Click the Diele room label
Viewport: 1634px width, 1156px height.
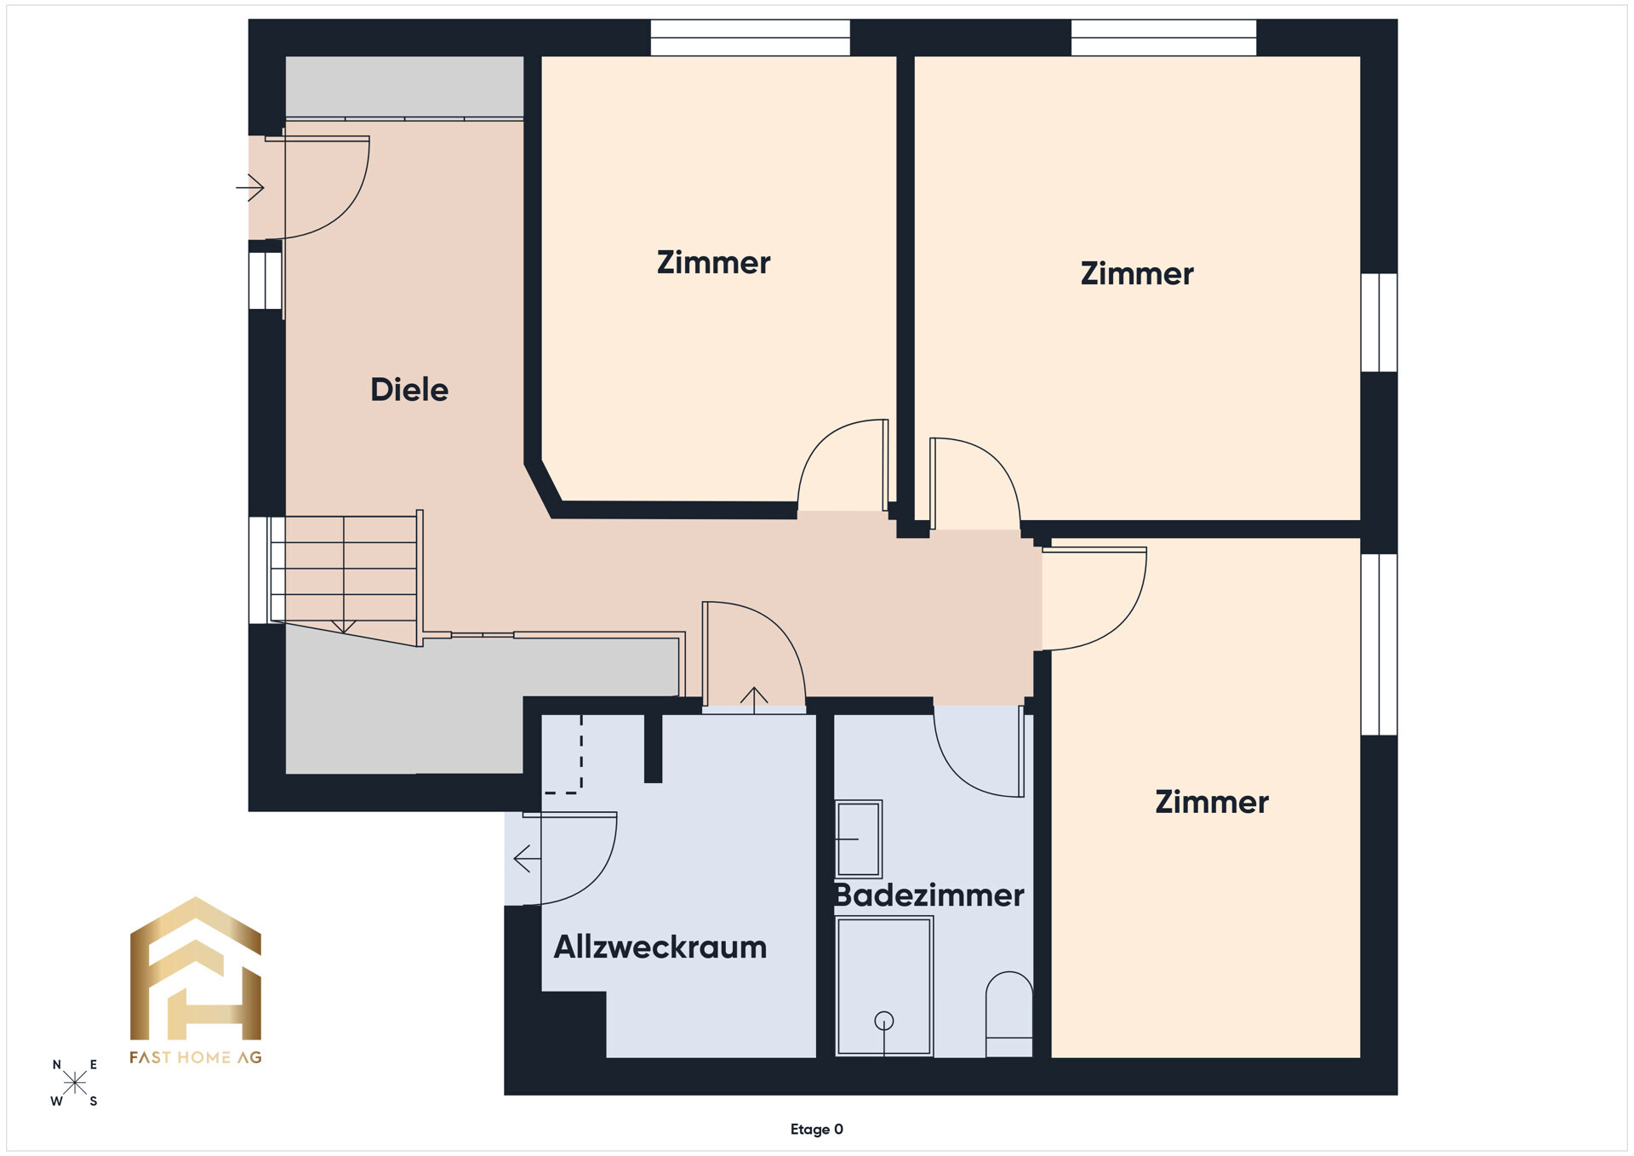click(409, 390)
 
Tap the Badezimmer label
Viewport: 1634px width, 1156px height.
click(928, 896)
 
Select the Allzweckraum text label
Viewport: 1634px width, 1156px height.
click(660, 947)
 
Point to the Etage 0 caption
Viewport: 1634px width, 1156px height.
click(817, 1130)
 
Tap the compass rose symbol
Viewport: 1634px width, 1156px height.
click(75, 1083)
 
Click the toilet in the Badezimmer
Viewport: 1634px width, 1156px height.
click(1009, 1015)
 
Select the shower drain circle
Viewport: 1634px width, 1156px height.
click(884, 1020)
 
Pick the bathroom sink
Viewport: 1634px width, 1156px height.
click(859, 838)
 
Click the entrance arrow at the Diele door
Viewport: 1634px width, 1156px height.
click(250, 187)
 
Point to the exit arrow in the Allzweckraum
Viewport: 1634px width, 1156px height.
click(527, 859)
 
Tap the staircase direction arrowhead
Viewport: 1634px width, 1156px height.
click(344, 627)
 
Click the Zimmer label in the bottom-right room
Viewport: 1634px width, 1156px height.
click(1212, 802)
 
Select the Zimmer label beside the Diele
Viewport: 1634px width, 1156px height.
click(713, 262)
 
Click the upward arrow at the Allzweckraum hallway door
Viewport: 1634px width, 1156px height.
click(754, 699)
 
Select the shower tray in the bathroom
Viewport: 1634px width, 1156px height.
click(884, 987)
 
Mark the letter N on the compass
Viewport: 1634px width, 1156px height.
click(57, 1065)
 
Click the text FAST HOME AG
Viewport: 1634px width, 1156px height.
click(196, 1057)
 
